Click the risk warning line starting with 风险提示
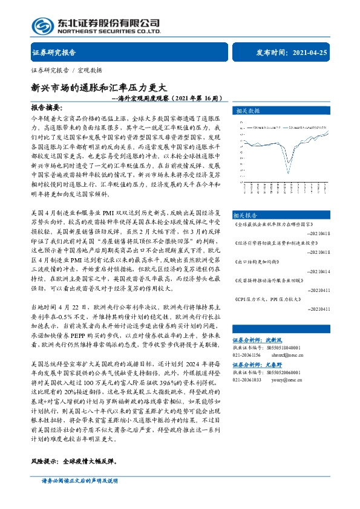coord(73,461)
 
